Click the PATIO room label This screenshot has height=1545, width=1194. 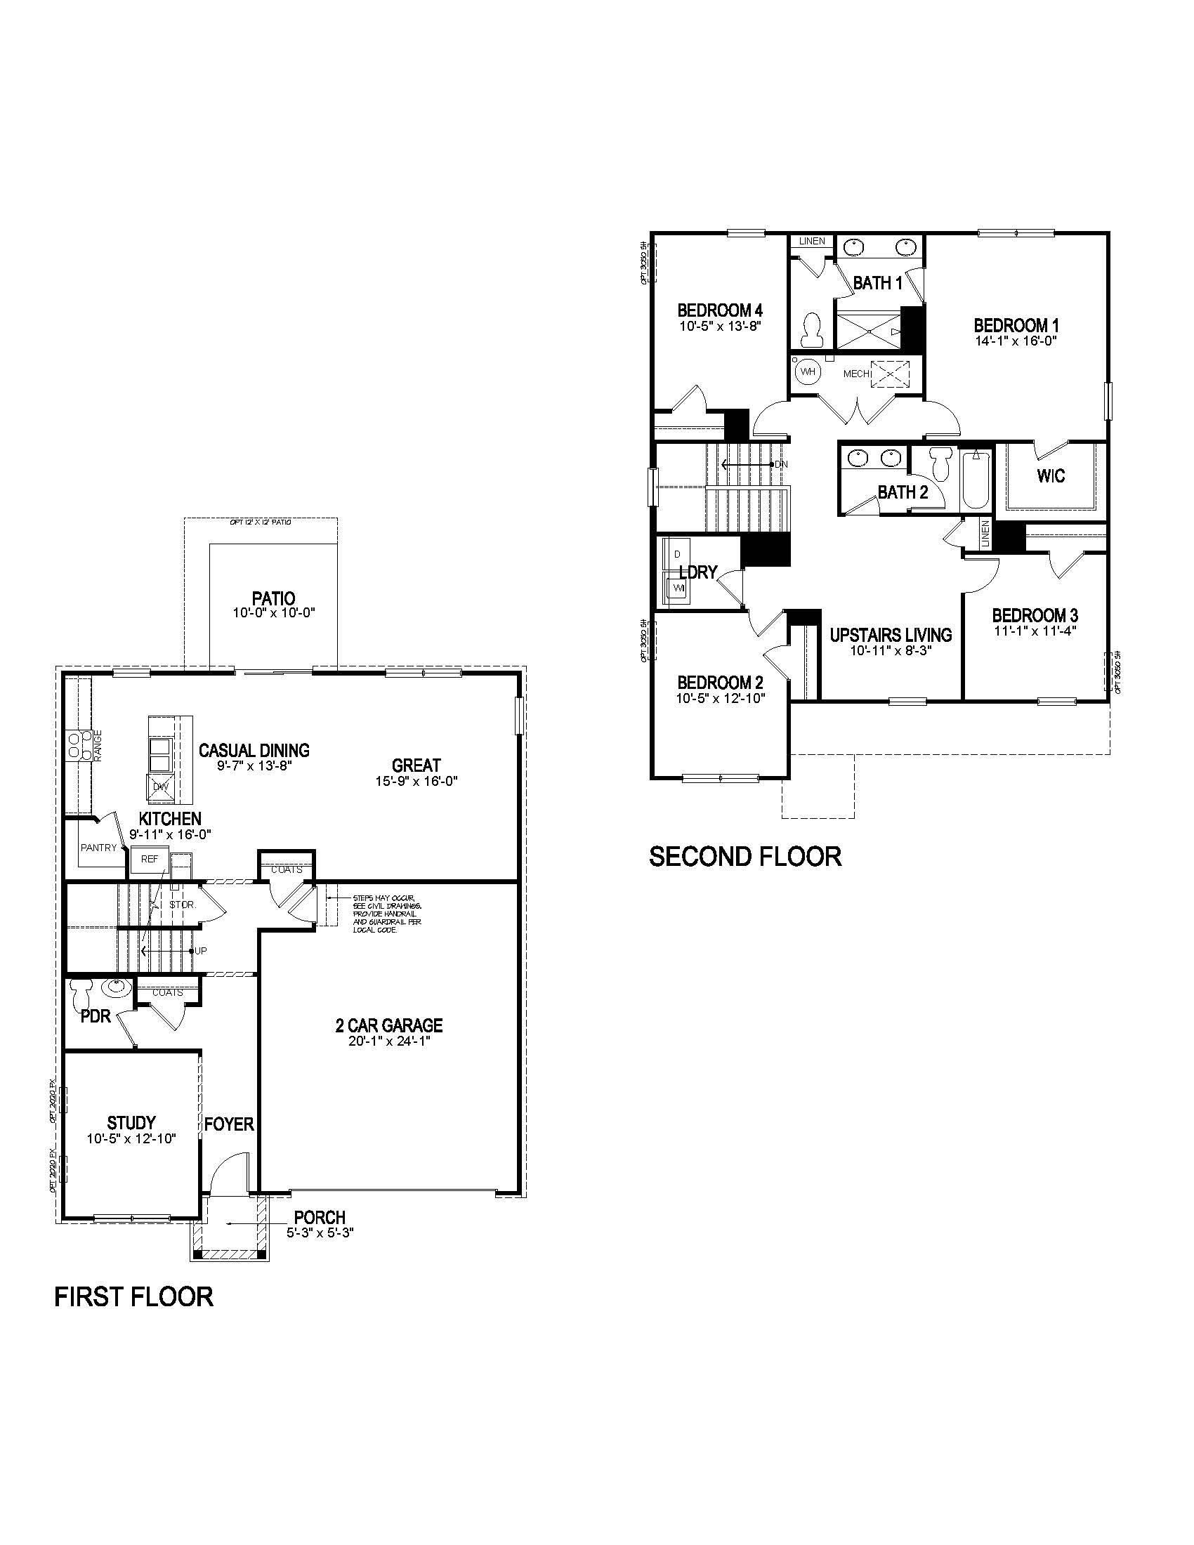273,598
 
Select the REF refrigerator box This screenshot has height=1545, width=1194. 149,860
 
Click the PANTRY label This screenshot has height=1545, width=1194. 98,848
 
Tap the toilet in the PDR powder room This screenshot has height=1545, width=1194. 79,993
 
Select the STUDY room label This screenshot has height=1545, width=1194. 131,1122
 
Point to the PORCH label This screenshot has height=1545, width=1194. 320,1217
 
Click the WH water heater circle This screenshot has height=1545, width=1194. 807,371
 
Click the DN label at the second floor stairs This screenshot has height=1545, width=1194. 781,464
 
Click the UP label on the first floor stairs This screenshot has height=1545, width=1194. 201,951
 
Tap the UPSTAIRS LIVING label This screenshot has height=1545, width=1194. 891,635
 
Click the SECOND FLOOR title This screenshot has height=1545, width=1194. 744,856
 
